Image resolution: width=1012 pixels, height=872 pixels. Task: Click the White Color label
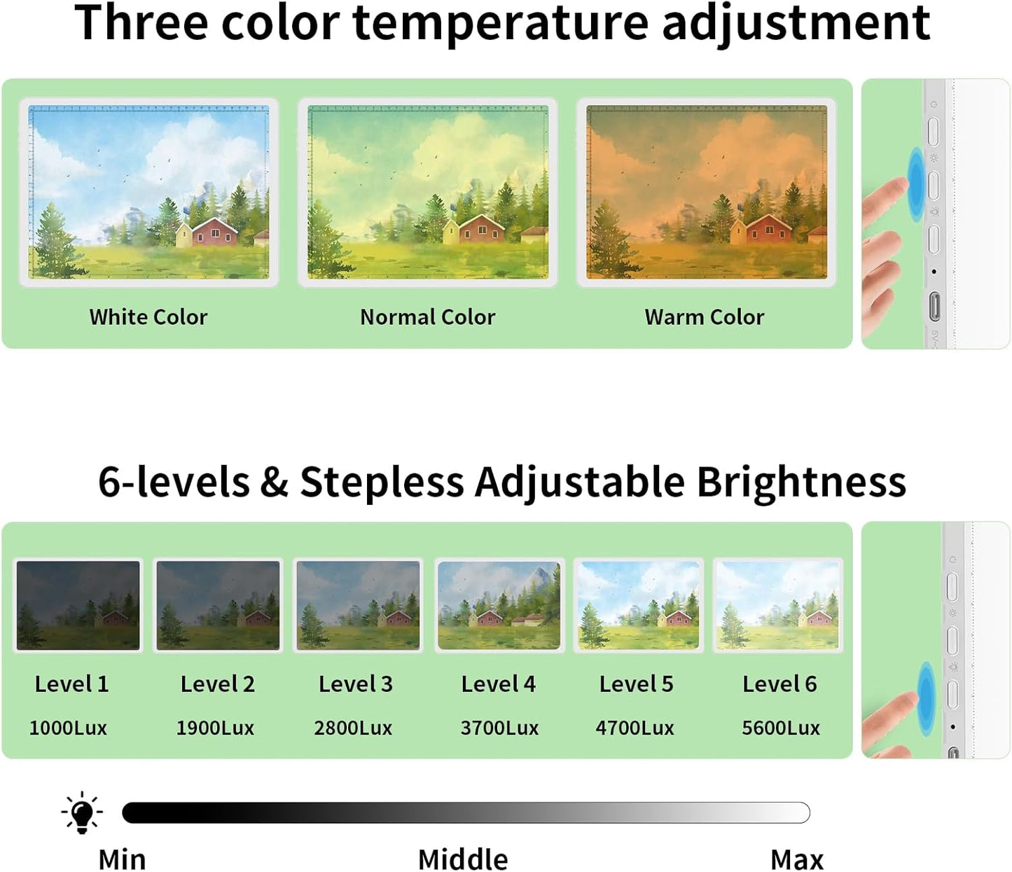tap(148, 317)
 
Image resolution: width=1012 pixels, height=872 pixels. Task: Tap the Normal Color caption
tap(427, 317)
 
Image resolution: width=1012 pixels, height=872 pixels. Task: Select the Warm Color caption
tap(704, 317)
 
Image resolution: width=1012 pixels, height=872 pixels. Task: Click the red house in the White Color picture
tap(214, 231)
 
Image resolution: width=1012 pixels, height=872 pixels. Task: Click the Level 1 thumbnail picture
tap(78, 605)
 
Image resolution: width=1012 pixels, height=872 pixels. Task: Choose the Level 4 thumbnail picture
tap(499, 605)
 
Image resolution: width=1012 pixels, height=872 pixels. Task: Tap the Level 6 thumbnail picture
tap(777, 605)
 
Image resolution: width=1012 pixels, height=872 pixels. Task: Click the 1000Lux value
tap(68, 728)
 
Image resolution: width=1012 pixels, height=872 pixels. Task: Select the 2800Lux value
tap(353, 728)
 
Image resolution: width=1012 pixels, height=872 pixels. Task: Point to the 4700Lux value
tap(635, 728)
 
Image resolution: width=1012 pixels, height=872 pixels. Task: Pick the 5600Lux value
tap(781, 728)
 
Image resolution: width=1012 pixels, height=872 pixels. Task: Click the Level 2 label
tap(217, 684)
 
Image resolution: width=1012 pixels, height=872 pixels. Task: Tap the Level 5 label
tap(636, 684)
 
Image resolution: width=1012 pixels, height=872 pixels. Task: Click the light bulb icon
tap(82, 813)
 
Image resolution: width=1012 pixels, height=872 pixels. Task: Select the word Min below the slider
tap(122, 859)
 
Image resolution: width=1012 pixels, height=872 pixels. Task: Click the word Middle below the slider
tap(463, 859)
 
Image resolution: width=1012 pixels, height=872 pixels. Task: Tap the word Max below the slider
tap(797, 859)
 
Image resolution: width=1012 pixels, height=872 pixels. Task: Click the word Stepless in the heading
tap(382, 483)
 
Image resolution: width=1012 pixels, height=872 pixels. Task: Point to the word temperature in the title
tap(501, 22)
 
